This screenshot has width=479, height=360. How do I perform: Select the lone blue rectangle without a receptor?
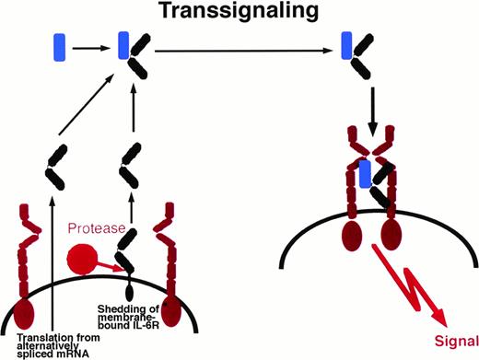pyautogui.click(x=60, y=45)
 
